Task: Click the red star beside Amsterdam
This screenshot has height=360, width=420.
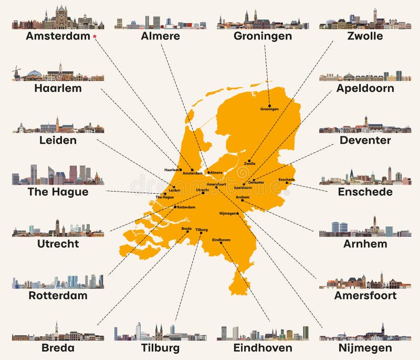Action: tap(94, 36)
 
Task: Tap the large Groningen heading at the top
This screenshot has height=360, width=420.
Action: tap(262, 36)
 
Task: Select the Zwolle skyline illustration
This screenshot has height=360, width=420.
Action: tap(365, 20)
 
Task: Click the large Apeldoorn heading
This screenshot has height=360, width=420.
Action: tap(365, 88)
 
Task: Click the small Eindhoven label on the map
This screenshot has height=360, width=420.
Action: tap(221, 240)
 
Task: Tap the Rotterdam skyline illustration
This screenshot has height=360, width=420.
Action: tap(58, 282)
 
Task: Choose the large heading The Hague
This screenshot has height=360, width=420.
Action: tap(58, 192)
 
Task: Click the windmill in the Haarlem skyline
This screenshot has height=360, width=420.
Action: tap(17, 71)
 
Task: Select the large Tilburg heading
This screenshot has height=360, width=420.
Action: tap(160, 347)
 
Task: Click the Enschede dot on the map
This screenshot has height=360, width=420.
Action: tap(287, 183)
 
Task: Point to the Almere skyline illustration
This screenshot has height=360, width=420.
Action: tap(160, 22)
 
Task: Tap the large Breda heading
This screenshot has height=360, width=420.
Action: tap(58, 347)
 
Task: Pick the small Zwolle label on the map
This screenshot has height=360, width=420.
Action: tap(250, 164)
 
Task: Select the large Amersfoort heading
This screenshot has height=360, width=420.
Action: tap(365, 295)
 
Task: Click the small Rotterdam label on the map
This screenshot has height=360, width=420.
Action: tap(186, 207)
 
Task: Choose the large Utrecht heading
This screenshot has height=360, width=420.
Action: tap(58, 243)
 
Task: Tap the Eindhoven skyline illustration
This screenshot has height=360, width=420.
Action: tap(262, 333)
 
